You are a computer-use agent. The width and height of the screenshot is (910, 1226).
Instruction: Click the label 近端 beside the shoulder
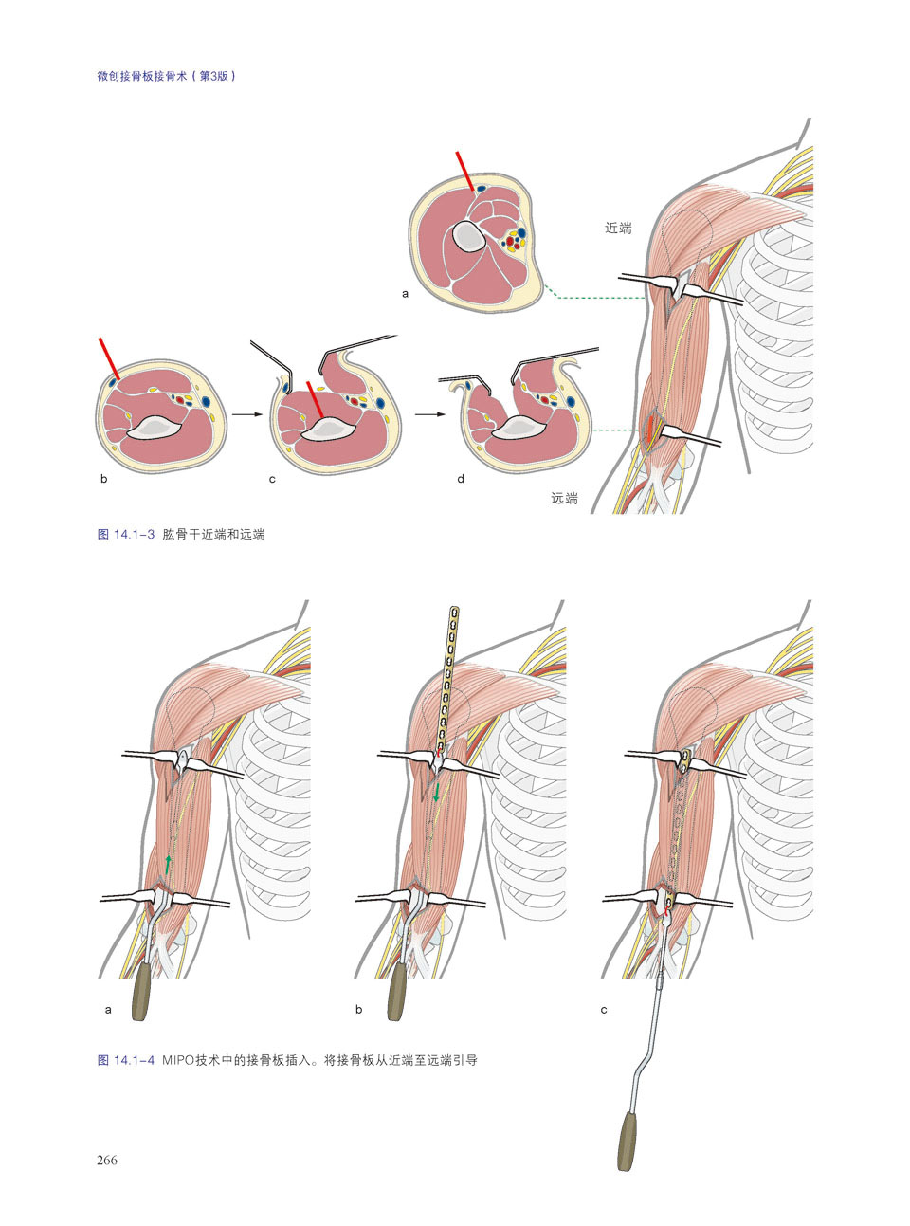[618, 228]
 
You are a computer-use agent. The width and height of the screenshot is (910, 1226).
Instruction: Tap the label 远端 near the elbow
[564, 498]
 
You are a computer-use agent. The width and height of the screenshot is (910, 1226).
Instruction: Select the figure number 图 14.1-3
[125, 534]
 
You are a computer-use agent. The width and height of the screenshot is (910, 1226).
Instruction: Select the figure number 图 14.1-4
[125, 1060]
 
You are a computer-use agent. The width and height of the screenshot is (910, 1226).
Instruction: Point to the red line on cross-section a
[464, 172]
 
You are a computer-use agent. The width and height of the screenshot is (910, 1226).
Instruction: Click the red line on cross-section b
[108, 358]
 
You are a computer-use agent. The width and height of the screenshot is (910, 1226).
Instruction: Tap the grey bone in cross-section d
[519, 428]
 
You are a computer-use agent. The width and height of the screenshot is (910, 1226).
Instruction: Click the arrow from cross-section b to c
[246, 414]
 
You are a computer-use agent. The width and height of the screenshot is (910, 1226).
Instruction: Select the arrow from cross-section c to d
[430, 414]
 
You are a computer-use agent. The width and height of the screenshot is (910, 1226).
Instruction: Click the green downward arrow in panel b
[436, 792]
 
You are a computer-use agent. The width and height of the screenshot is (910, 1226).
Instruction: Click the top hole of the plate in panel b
[455, 612]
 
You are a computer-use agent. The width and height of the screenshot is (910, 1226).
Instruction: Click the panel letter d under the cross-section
[460, 479]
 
